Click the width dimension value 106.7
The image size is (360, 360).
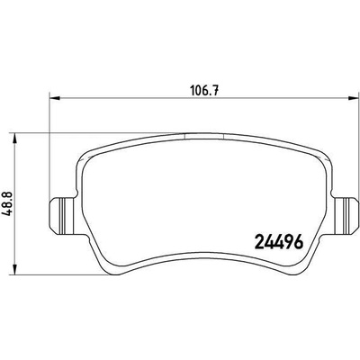(204, 90)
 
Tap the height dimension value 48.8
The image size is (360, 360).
(7, 203)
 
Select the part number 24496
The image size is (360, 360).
(278, 242)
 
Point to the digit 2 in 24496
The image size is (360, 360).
(259, 242)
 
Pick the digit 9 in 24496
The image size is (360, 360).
(288, 242)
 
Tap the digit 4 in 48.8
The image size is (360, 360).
(7, 212)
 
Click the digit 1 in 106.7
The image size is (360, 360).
(193, 90)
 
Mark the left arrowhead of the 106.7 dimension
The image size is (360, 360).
(55, 98)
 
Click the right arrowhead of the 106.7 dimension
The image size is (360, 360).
(353, 98)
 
